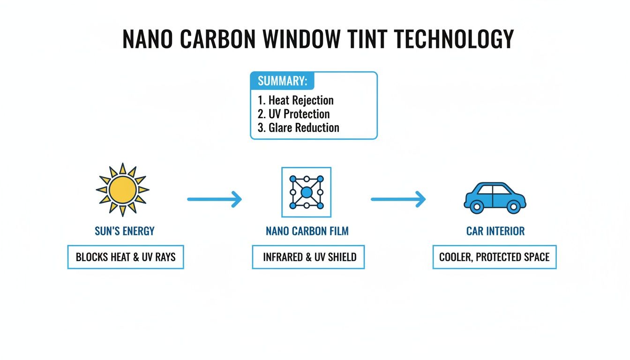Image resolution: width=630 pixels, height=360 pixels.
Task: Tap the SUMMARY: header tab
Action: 282,81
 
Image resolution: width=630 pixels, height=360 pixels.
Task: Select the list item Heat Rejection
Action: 296,100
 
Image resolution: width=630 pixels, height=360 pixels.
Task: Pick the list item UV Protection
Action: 294,114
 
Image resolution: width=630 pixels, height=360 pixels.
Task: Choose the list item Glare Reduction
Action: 298,127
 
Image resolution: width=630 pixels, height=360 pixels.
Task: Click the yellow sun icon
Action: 122,189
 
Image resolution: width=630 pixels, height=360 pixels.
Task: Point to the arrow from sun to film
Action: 214,199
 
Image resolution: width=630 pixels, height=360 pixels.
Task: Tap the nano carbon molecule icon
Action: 306,192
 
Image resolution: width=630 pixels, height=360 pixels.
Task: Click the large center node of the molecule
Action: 306,192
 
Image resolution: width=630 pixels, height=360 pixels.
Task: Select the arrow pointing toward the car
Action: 398,199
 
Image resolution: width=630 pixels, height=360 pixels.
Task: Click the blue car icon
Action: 495,197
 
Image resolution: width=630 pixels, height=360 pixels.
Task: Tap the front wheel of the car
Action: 514,206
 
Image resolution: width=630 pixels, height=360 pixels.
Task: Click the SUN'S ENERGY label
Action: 125,231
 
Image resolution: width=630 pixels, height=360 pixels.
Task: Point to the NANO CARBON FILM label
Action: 307,231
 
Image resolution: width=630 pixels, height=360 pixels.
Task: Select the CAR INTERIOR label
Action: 495,231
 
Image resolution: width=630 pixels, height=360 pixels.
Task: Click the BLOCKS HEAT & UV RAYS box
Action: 126,257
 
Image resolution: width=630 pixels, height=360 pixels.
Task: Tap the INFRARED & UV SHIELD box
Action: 308,257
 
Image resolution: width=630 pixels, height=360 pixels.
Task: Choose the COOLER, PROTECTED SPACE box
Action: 495,257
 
